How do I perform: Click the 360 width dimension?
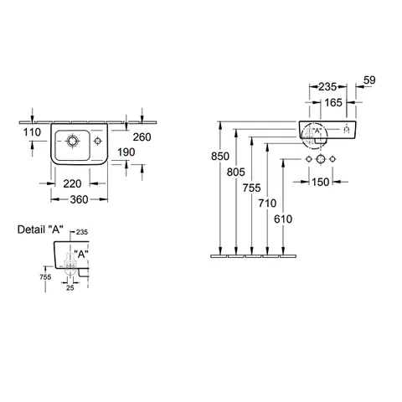point(79,199)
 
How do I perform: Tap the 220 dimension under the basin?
point(72,183)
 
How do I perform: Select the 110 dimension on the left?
point(32,132)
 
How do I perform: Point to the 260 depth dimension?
point(142,137)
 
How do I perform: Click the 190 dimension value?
point(126,152)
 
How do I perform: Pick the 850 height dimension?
point(220,157)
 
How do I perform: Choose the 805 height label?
point(236,172)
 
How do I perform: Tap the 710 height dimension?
point(267,204)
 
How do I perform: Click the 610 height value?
point(283,219)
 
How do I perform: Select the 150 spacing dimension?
point(321,182)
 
